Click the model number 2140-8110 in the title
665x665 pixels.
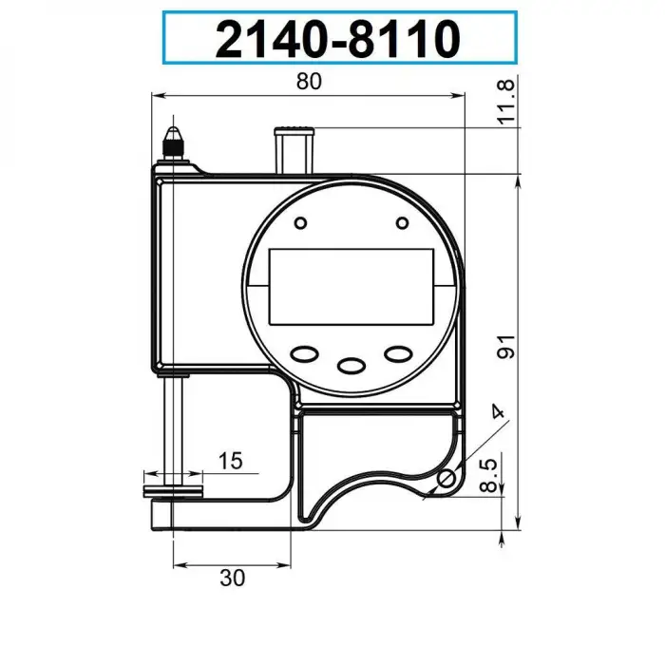pyautogui.click(x=338, y=39)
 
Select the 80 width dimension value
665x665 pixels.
pyautogui.click(x=308, y=82)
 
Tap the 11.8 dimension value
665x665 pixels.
pyautogui.click(x=506, y=101)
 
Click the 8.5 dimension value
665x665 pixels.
pyautogui.click(x=487, y=474)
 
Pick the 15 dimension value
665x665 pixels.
pyautogui.click(x=230, y=461)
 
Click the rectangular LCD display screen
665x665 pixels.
pyautogui.click(x=351, y=286)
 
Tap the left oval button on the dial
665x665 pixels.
pyautogui.click(x=306, y=353)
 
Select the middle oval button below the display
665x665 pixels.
pyautogui.click(x=351, y=364)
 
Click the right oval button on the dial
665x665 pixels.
pyautogui.click(x=397, y=353)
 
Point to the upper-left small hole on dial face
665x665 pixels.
pyautogui.click(x=300, y=223)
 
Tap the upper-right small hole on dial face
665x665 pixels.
pyautogui.click(x=403, y=223)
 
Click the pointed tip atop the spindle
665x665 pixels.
pyautogui.click(x=174, y=126)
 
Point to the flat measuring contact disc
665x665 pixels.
pyautogui.click(x=174, y=491)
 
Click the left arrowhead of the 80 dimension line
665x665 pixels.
pyautogui.click(x=159, y=95)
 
